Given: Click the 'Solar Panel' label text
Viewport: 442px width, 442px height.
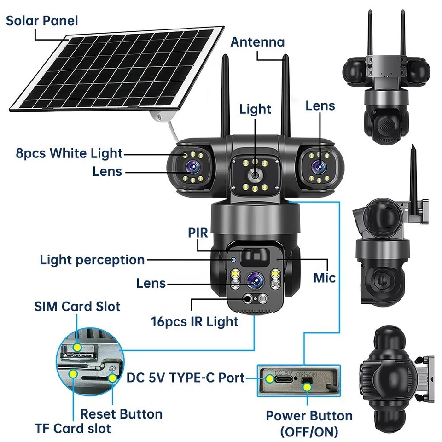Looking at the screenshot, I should [42, 21].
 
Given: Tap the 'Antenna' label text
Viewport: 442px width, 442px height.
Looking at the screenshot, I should [257, 42].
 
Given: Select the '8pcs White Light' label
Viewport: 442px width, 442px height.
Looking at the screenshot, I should [70, 153].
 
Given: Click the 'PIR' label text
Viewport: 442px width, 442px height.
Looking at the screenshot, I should [198, 233].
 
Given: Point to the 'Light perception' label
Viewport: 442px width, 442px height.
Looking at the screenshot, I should [92, 260].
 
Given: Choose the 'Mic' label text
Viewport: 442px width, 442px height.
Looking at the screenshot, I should [325, 278].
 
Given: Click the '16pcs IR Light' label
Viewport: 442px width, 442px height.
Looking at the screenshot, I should [195, 321].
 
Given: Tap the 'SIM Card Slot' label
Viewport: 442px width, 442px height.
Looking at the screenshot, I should [77, 306].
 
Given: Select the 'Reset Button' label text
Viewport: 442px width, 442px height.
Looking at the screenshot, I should [121, 414].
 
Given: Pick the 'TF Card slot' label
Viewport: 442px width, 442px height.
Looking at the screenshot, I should [73, 428].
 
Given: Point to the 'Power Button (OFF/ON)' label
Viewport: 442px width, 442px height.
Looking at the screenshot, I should [309, 424].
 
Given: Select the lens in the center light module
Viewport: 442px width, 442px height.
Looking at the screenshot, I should [254, 175].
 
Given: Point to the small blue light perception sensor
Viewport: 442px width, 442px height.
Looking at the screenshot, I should [233, 261].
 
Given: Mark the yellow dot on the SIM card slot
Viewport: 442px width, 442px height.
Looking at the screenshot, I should [77, 347].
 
